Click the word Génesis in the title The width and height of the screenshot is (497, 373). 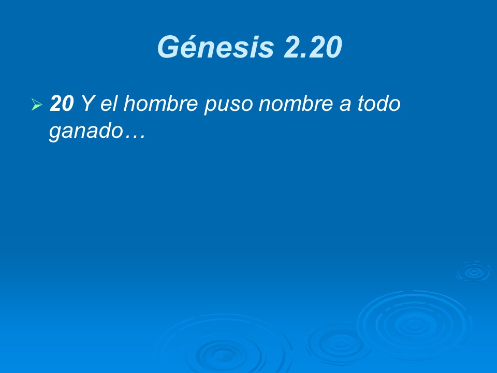tap(215, 48)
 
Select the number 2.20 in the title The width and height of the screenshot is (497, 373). tap(313, 48)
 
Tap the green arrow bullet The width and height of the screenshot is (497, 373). tap(36, 105)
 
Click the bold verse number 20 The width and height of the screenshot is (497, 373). tap(61, 104)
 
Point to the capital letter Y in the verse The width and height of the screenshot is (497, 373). tap(86, 104)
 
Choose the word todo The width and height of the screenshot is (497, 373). tap(379, 104)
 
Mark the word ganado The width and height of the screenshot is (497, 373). tap(84, 132)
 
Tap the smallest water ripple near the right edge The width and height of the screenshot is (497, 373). tap(473, 271)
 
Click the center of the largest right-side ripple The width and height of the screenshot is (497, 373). tap(414, 325)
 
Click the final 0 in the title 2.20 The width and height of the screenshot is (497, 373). tap(331, 48)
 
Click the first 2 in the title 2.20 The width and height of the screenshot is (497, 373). tap(293, 48)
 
